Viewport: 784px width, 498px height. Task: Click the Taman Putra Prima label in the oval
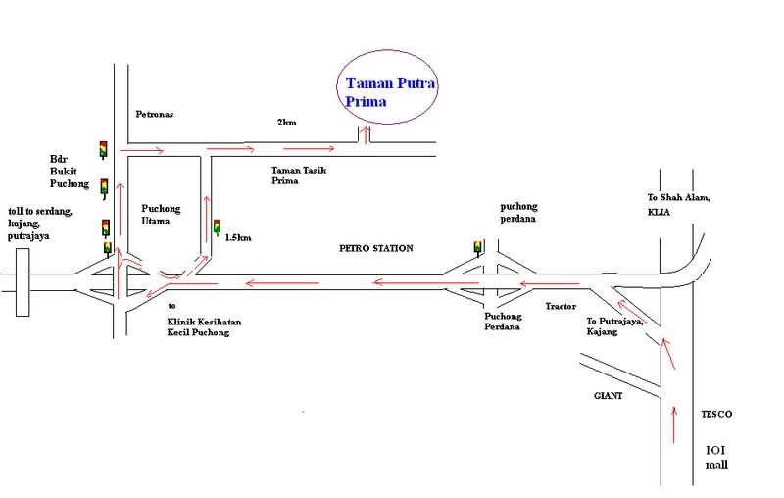tap(391, 92)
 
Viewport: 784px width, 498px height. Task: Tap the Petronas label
tap(153, 115)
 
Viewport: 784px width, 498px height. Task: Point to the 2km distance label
tap(286, 123)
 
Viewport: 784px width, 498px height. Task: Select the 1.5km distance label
tap(239, 237)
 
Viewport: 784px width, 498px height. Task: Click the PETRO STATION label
tap(376, 249)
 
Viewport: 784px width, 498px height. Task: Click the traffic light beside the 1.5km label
tap(216, 228)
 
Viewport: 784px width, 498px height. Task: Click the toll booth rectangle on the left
tap(24, 284)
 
